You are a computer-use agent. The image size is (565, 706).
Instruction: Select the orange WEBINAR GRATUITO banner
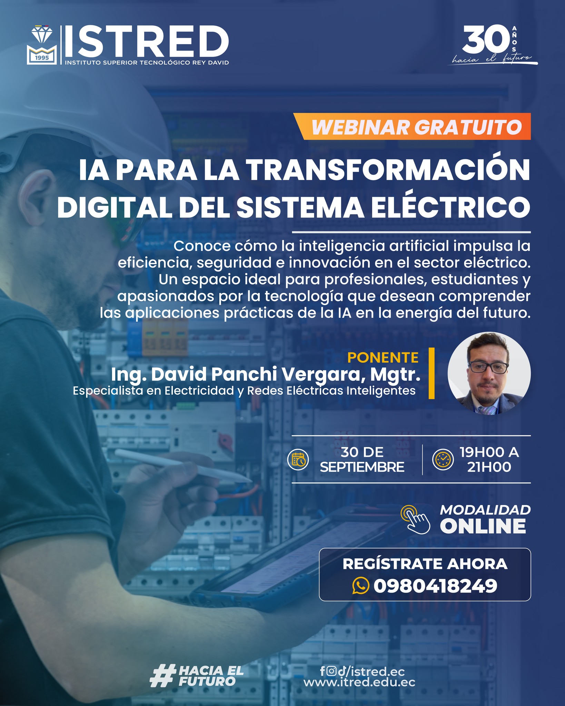point(412,127)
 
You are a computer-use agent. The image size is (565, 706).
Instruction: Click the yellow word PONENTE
point(383,357)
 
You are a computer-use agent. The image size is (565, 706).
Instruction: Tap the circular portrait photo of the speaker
point(489,373)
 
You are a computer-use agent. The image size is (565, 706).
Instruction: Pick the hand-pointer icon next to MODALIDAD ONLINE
point(415,519)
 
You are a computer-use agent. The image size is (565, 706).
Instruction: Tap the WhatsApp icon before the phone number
point(361,586)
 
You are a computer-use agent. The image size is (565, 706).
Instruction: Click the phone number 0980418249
point(435,586)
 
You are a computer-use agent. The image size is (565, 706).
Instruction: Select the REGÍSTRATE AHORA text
point(425,564)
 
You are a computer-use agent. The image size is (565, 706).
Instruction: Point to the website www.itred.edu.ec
point(359,682)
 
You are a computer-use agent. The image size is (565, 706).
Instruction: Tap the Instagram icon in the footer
point(331,671)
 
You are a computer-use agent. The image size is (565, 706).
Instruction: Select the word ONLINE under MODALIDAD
point(483,526)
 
